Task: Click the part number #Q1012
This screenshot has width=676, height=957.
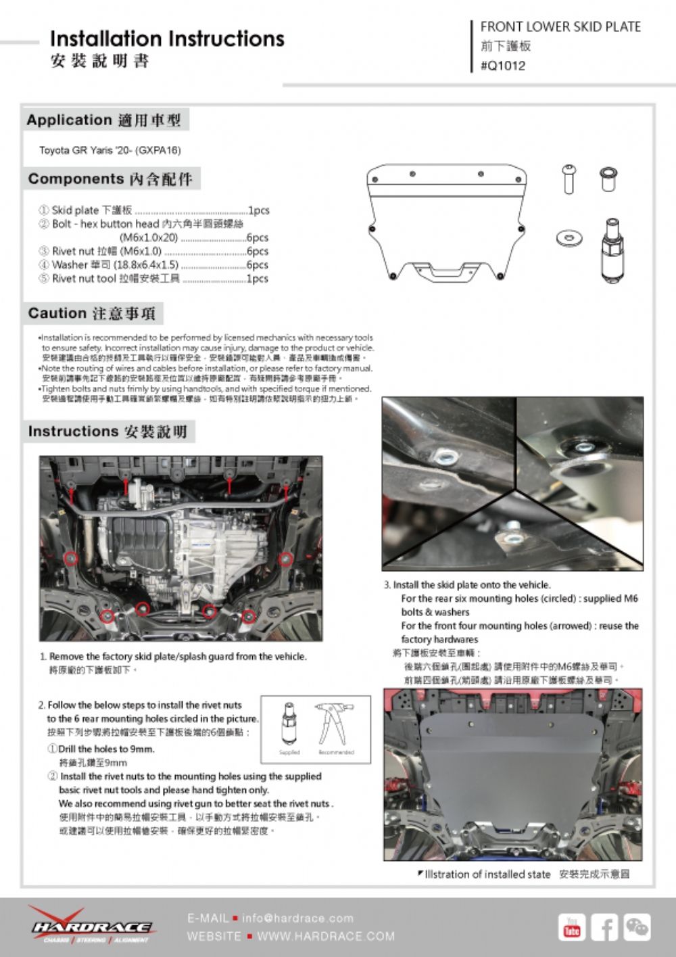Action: tap(502, 66)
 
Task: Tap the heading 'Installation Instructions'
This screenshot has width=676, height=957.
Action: tap(167, 39)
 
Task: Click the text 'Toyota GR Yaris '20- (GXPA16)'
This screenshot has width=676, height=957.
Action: tap(110, 150)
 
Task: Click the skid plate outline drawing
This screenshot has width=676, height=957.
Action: tap(446, 220)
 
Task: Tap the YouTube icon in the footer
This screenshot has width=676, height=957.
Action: tap(572, 927)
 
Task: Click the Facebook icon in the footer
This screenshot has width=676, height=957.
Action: tap(604, 927)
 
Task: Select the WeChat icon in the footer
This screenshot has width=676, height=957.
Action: tap(637, 927)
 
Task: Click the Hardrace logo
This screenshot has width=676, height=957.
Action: tap(91, 925)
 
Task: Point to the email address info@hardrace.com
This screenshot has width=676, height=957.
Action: tap(297, 918)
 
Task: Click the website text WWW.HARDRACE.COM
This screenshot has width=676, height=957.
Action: tap(326, 937)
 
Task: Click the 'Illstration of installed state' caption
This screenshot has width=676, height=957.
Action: tap(487, 874)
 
